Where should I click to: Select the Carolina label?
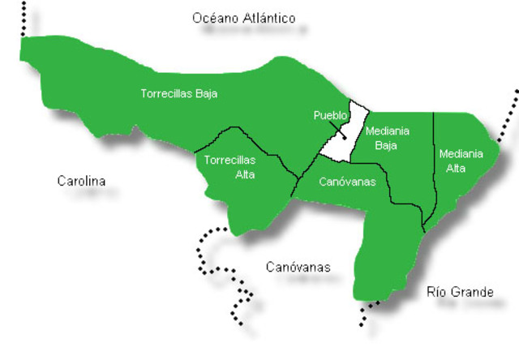pyautogui.click(x=81, y=181)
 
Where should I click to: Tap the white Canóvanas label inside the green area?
pyautogui.click(x=348, y=182)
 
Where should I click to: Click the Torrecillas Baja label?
pyautogui.click(x=178, y=93)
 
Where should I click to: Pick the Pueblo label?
pyautogui.click(x=330, y=116)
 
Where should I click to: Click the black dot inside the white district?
pyautogui.click(x=344, y=137)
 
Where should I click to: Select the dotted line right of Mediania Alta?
pyautogui.click(x=508, y=122)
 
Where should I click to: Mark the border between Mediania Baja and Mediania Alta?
pyautogui.click(x=435, y=162)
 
